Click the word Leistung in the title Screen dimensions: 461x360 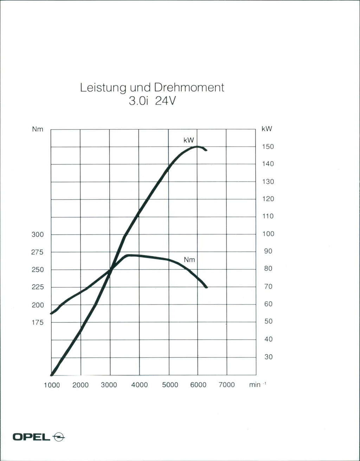pos(102,88)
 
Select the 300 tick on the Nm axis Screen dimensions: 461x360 pos(38,235)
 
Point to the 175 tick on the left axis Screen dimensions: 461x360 pos(38,322)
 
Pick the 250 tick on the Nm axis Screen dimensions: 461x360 pos(38,270)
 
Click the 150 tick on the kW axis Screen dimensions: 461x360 pos(268,147)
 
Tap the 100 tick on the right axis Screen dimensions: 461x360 pos(268,234)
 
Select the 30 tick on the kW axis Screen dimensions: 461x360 pos(268,357)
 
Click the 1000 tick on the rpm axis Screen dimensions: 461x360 pos(52,385)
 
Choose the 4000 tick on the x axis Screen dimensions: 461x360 pos(139,385)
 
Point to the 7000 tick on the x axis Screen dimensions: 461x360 pos(226,385)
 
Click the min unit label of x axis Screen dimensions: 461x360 pos(256,385)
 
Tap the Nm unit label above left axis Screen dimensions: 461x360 pos(38,129)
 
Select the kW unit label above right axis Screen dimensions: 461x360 pos(267,129)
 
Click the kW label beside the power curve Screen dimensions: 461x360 pos(189,140)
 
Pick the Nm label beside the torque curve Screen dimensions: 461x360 pos(189,260)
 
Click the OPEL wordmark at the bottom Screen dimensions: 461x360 pos(32,437)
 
